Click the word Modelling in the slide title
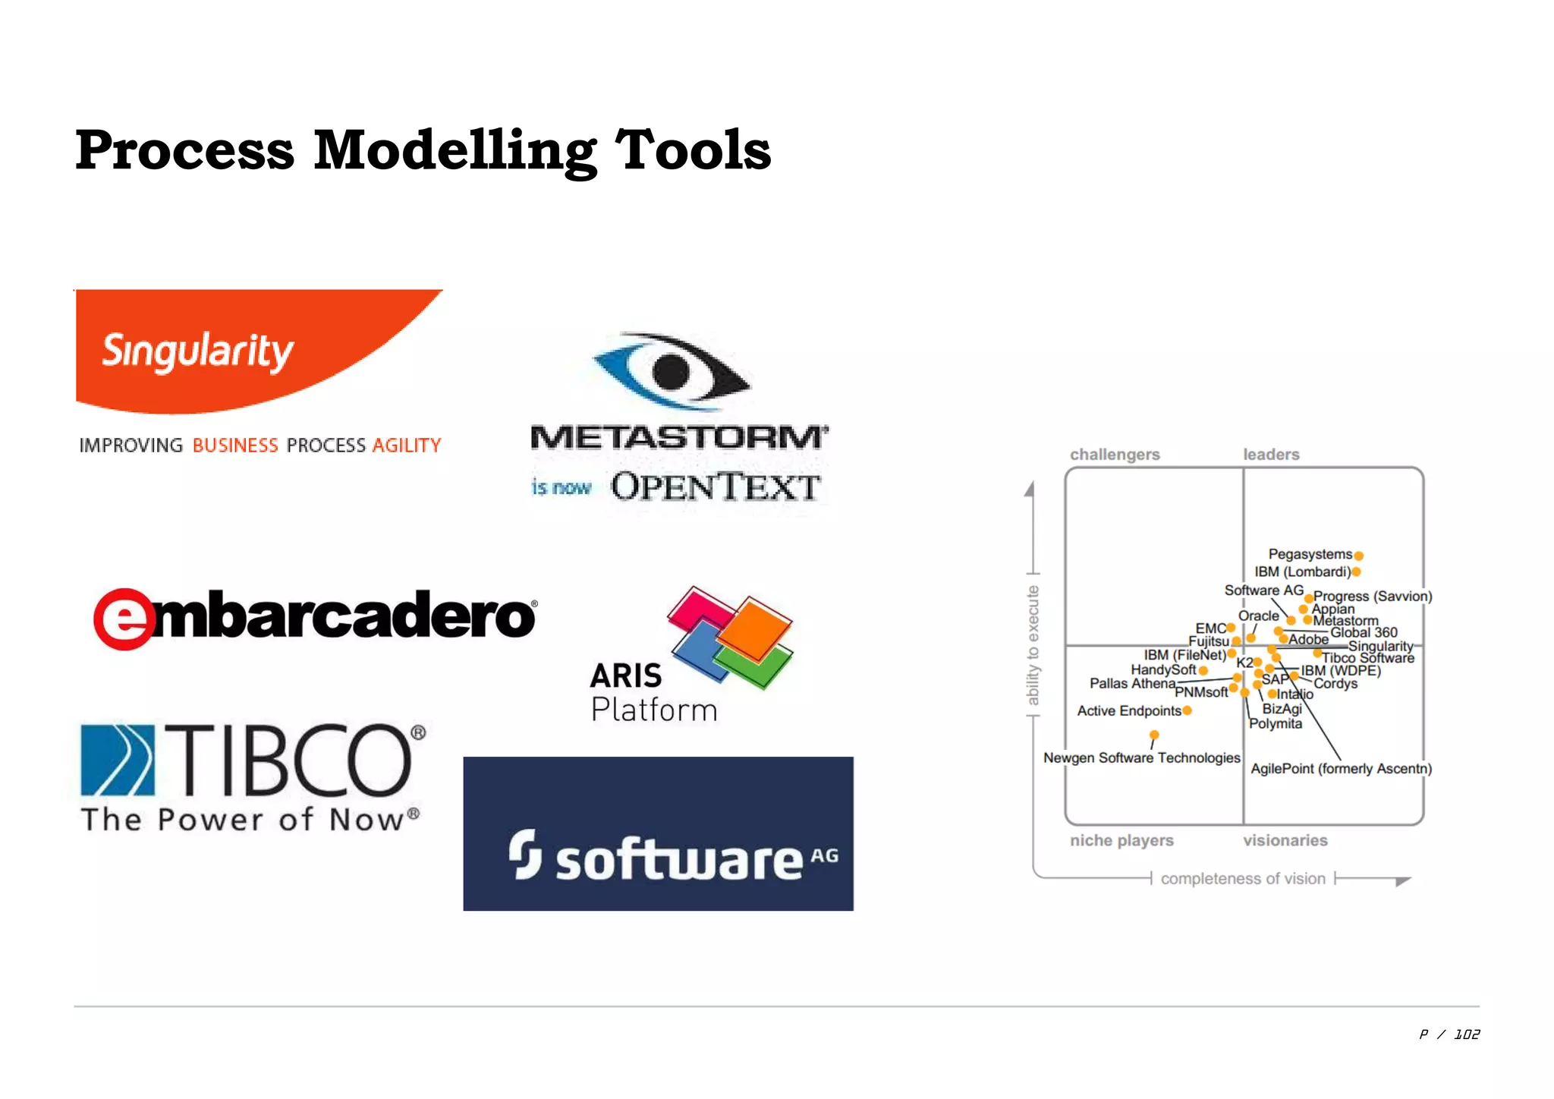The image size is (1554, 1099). [455, 150]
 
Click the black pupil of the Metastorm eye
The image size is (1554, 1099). [671, 372]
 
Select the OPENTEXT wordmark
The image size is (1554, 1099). [716, 487]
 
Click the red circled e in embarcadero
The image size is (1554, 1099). [124, 619]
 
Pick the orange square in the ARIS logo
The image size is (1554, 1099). [753, 628]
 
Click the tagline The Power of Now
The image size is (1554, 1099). [250, 820]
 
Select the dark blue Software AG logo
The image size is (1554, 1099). [658, 833]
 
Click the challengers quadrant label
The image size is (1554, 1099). [1115, 455]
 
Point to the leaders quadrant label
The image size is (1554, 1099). [1271, 455]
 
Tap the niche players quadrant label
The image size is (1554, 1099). [1121, 840]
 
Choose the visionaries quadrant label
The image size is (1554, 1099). [1285, 840]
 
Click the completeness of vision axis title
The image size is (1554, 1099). [1243, 879]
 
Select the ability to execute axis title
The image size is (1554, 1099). [1033, 645]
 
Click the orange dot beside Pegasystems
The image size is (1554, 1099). [1359, 556]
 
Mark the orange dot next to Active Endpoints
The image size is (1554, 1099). [1188, 710]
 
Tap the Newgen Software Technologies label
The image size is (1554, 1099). [1141, 757]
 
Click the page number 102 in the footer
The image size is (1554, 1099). [1467, 1034]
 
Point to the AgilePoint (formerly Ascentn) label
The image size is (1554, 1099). [1341, 769]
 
